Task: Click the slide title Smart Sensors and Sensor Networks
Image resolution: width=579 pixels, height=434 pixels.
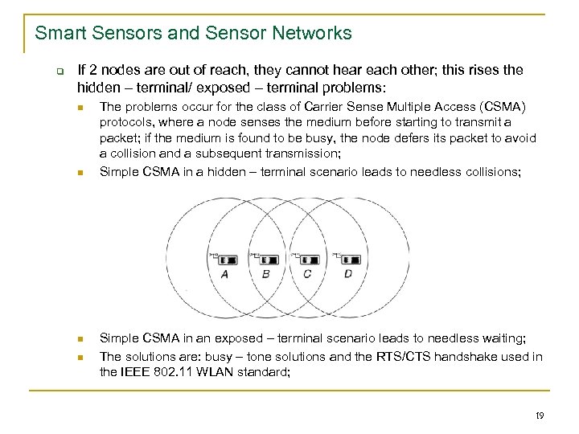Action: (x=193, y=33)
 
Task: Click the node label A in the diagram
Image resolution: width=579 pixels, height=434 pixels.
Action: (x=224, y=274)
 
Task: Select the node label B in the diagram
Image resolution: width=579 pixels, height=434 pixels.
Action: (x=266, y=274)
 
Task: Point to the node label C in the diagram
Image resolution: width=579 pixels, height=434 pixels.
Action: (x=307, y=274)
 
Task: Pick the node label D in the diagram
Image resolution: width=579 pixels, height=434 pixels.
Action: (x=348, y=274)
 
